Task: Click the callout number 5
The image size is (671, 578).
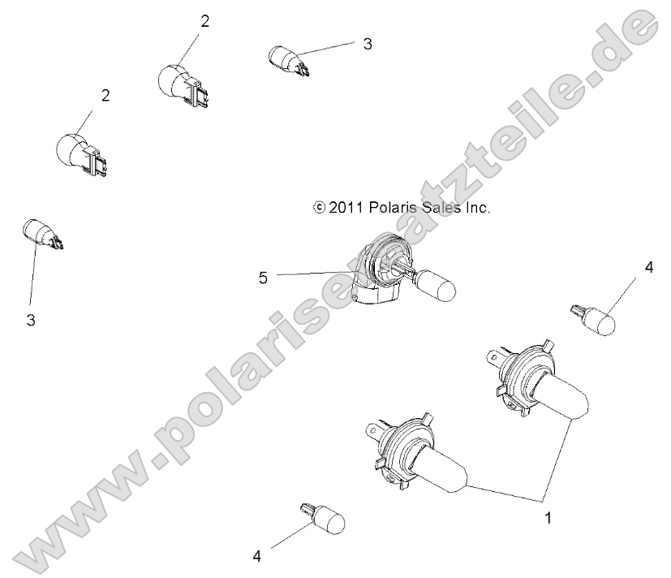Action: coord(263,278)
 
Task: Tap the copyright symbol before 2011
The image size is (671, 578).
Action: coord(318,208)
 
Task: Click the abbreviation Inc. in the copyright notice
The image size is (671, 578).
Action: coord(478,208)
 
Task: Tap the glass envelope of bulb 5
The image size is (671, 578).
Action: coord(437,287)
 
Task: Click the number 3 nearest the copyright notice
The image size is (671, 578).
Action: coord(367,44)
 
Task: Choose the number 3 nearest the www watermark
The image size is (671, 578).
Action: coord(31,321)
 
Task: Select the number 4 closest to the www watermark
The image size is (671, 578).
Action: coord(257,556)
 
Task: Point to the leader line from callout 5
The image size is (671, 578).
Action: coord(316,274)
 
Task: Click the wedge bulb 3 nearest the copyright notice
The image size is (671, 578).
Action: coord(288,60)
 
